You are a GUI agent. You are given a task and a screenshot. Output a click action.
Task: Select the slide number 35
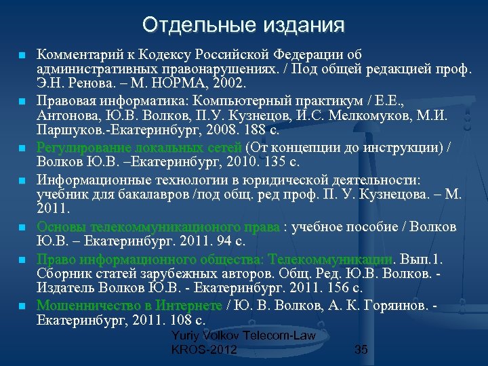coord(361,350)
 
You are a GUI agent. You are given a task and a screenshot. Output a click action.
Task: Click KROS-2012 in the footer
coord(204,350)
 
